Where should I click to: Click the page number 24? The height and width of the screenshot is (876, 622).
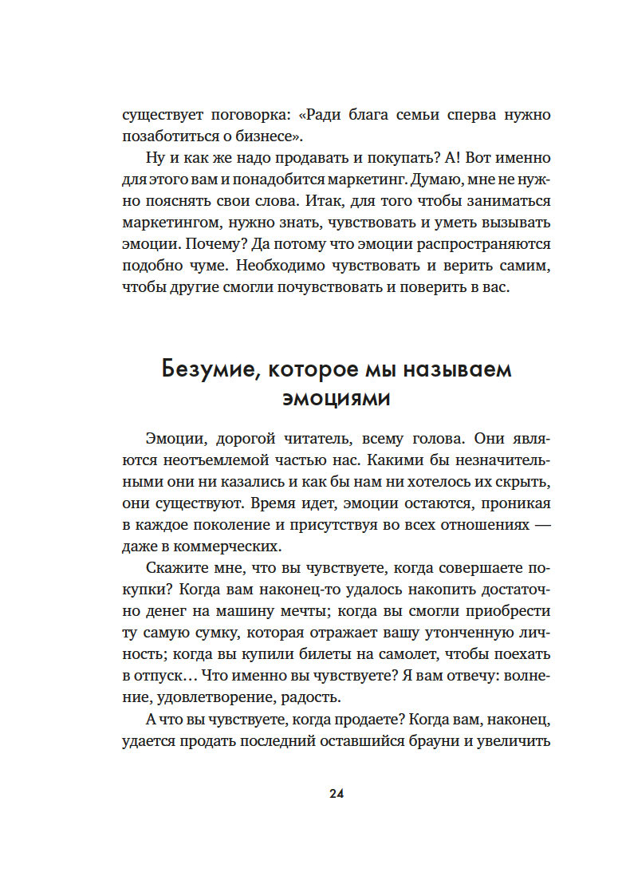tap(336, 794)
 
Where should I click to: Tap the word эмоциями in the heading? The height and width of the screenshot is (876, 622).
tap(336, 398)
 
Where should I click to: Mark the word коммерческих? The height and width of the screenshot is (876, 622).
tap(236, 547)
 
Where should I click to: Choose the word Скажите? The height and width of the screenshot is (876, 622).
tap(177, 568)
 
